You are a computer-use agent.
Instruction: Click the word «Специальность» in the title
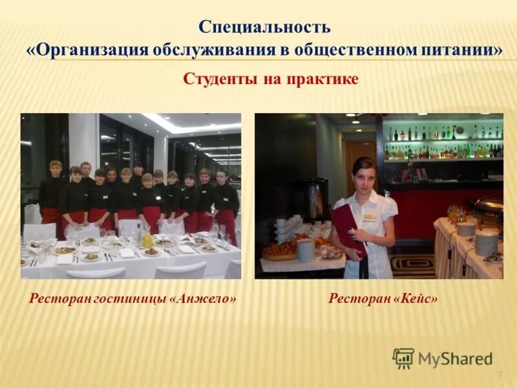[x=264, y=28]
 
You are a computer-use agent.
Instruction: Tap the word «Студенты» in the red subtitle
[x=220, y=79]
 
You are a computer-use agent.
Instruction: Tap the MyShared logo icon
[x=403, y=358]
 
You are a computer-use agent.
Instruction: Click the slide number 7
[x=500, y=375]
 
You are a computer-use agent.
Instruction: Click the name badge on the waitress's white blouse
[x=369, y=217]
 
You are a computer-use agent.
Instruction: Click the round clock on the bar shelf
[x=459, y=130]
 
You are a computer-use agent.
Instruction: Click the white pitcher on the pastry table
[x=306, y=250]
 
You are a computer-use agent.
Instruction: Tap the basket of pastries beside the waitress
[x=280, y=250]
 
